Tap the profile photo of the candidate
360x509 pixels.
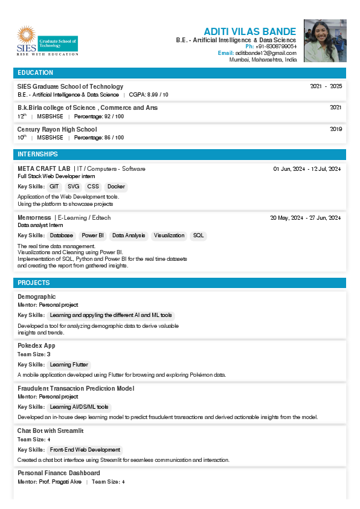pyautogui.click(x=325, y=41)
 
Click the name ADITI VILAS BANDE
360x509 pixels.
pyautogui.click(x=249, y=31)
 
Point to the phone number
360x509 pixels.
pyautogui.click(x=275, y=46)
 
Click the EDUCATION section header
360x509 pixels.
pyautogui.click(x=36, y=73)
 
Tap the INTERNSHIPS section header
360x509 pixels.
pyautogui.click(x=38, y=155)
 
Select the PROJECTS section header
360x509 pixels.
pyautogui.click(x=34, y=283)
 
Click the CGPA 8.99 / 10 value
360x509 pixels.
pyautogui.click(x=149, y=95)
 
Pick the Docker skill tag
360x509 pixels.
pyautogui.click(x=116, y=187)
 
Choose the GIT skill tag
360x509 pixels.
pyautogui.click(x=54, y=187)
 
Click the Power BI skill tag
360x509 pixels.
pyautogui.click(x=92, y=235)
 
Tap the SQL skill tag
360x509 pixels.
pyautogui.click(x=198, y=235)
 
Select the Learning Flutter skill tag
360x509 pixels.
pyautogui.click(x=69, y=365)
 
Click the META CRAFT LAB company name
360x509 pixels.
pyautogui.click(x=44, y=168)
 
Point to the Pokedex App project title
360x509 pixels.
pyautogui.click(x=36, y=345)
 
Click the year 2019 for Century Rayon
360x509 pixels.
pyautogui.click(x=336, y=129)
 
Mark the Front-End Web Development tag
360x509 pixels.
pyautogui.click(x=85, y=450)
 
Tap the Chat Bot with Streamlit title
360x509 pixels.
pyautogui.click(x=50, y=431)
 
